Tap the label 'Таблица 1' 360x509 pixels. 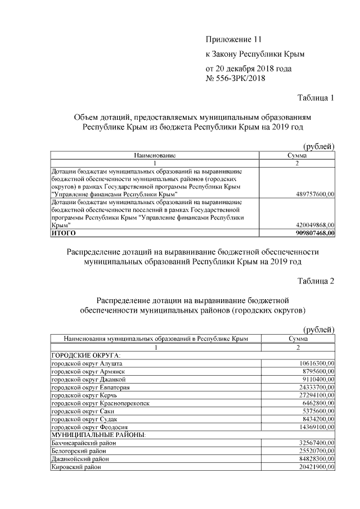pos(316,98)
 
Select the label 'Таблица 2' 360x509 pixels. pos(316,281)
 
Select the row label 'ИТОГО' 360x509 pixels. pos(64,232)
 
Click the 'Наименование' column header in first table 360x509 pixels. pos(155,155)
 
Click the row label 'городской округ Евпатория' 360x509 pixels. pos(91,388)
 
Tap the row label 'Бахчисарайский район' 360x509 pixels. pos(84,443)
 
